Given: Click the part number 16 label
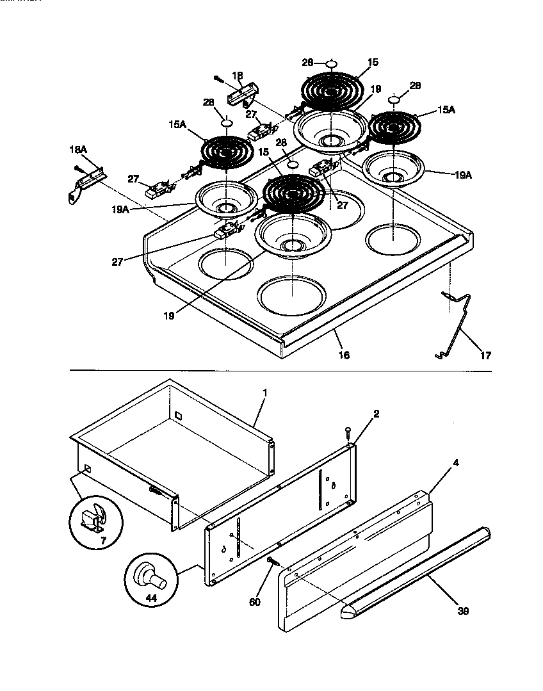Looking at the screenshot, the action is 344,354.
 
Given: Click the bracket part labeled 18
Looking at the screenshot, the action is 243,96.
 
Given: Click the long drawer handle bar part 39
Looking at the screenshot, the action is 416,570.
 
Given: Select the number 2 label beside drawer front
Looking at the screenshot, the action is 377,414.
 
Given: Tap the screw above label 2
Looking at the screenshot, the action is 348,432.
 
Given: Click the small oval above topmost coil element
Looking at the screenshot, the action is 331,63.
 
